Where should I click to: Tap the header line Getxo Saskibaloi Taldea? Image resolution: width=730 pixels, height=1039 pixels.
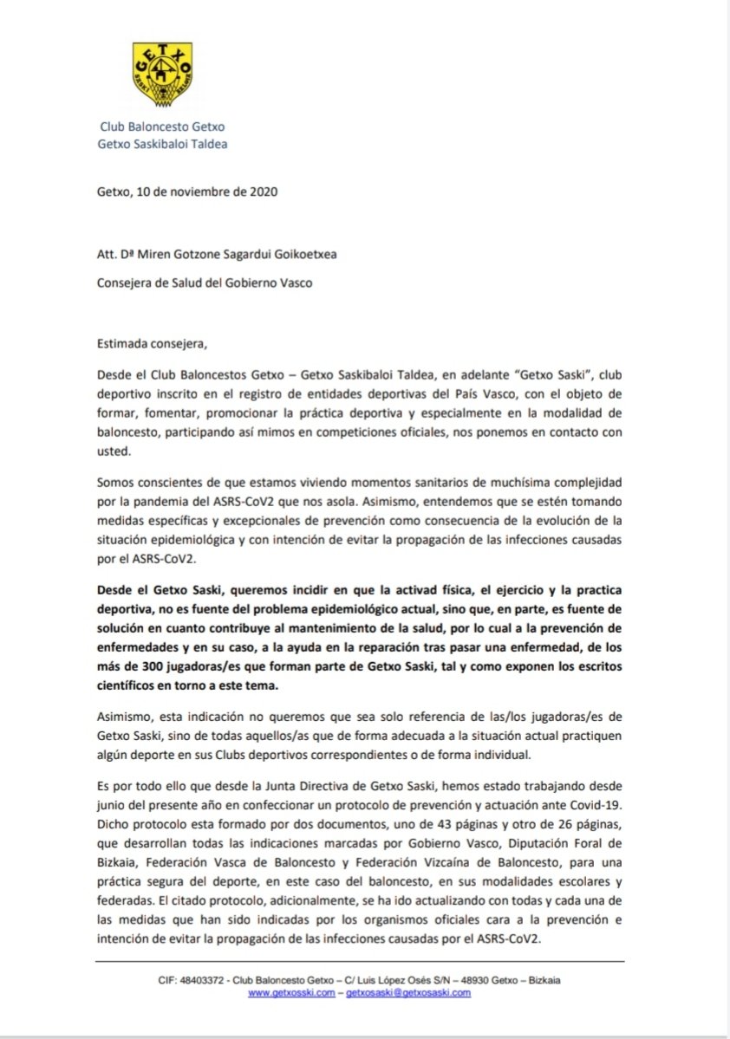click(162, 144)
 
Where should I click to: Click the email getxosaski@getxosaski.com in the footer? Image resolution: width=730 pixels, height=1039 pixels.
click(408, 993)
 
